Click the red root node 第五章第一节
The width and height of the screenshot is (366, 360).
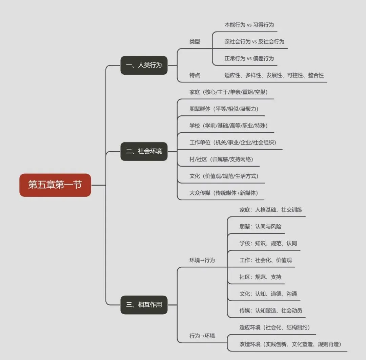(55, 185)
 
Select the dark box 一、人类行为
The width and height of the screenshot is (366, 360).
(144, 65)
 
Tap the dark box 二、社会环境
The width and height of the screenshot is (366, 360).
(144, 151)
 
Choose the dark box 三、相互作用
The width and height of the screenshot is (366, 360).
(144, 305)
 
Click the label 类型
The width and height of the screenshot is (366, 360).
(195, 42)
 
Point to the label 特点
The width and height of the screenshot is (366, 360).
(195, 75)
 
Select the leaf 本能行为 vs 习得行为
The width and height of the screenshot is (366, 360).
(249, 25)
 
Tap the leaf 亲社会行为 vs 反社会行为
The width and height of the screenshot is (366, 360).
(254, 42)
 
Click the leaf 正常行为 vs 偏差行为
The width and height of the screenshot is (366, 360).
(249, 58)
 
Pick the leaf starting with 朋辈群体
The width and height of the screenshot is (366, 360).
(224, 109)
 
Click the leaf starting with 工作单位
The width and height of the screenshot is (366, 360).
(230, 143)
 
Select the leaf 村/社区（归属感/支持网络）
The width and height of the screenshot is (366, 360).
(221, 159)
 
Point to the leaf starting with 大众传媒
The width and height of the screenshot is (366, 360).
(224, 193)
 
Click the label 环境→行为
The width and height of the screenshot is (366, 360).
(202, 260)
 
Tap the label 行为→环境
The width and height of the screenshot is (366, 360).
(202, 336)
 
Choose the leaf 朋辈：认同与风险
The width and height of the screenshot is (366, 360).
(260, 227)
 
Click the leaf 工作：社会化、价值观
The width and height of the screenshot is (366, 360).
(265, 260)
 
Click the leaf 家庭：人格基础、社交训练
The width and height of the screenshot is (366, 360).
(270, 210)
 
